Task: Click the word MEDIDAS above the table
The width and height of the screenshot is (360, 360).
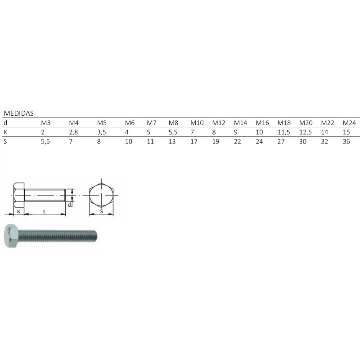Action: pyautogui.click(x=19, y=113)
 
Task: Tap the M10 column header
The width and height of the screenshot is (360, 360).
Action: pyautogui.click(x=197, y=123)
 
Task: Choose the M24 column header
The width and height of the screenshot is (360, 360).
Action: pyautogui.click(x=349, y=123)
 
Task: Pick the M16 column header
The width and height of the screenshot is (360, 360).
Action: pyautogui.click(x=262, y=123)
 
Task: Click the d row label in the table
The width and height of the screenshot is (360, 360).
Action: pyautogui.click(x=5, y=123)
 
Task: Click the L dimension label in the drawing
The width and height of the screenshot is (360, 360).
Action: pyautogui.click(x=44, y=211)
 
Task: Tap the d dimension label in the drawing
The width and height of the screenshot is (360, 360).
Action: pyautogui.click(x=70, y=204)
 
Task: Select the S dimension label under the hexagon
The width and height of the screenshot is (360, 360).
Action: pyautogui.click(x=101, y=211)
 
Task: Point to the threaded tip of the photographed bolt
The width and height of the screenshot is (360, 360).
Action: pyautogui.click(x=94, y=235)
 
